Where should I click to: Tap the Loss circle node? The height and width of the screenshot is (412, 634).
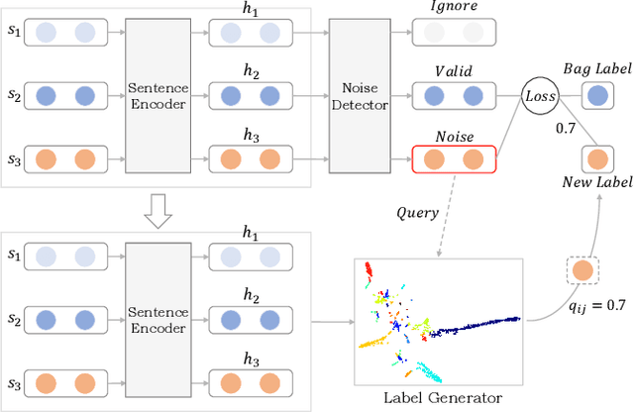[x=539, y=96]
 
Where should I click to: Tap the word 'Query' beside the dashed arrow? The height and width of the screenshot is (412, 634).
[x=419, y=211]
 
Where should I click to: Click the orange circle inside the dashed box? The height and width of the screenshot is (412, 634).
[x=581, y=270]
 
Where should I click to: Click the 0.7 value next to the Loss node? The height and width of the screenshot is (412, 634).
[x=567, y=128]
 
